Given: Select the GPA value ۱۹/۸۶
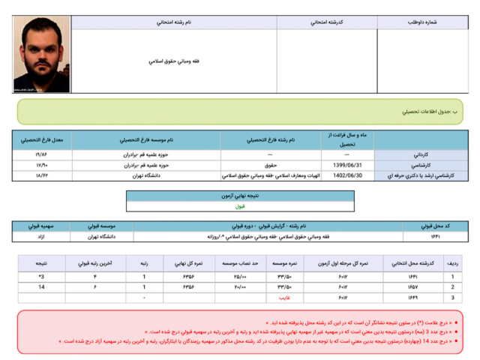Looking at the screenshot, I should click(x=42, y=154).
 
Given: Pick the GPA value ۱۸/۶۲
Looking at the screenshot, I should click(x=42, y=175).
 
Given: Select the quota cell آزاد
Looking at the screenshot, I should click(x=41, y=236).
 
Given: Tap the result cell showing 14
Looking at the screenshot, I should click(x=41, y=287).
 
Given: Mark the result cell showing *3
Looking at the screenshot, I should click(x=41, y=277).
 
